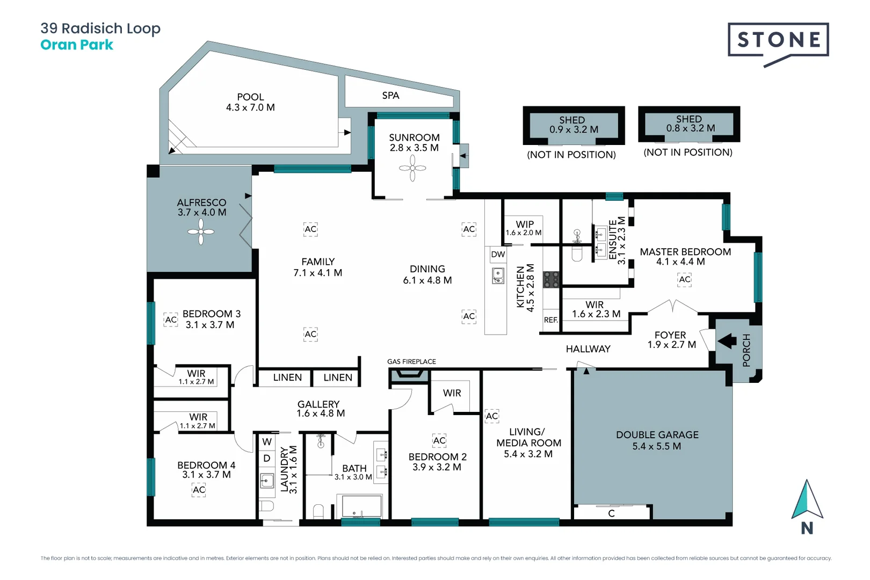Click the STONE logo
tap(778, 40)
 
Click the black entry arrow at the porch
tap(728, 341)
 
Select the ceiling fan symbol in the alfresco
tap(201, 232)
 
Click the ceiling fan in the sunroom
tap(412, 168)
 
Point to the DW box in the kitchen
tap(498, 255)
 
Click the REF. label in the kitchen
tap(551, 320)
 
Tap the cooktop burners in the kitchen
tap(552, 279)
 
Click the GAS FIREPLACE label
tap(411, 361)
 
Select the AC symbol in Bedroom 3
tap(171, 320)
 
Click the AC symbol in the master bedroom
tap(685, 279)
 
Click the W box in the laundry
tap(267, 442)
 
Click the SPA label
tap(390, 96)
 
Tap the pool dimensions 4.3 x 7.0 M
tap(250, 107)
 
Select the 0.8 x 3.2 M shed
tap(689, 124)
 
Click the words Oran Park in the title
tap(77, 45)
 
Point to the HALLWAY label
tap(588, 349)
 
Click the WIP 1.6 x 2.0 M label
tap(524, 228)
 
